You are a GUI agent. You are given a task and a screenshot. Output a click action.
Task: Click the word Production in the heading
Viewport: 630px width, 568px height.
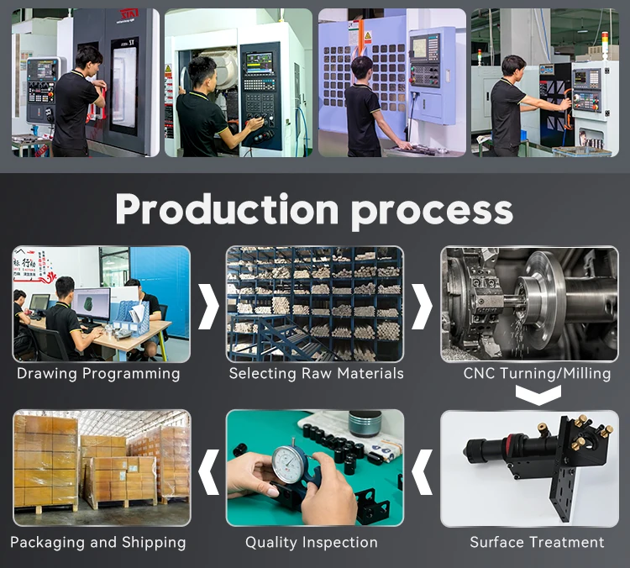(227, 209)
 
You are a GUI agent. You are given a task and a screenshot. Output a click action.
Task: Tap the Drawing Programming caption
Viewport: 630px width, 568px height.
(98, 374)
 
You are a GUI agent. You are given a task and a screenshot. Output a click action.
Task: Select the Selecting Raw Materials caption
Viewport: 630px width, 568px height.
(316, 373)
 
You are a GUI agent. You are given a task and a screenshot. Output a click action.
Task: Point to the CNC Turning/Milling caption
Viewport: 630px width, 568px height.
(538, 373)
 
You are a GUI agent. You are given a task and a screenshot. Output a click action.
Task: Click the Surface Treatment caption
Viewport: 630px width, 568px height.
(538, 542)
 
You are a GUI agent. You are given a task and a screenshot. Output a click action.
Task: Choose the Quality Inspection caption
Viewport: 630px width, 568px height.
(312, 543)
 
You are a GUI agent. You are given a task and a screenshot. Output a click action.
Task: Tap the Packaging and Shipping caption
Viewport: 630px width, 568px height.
(98, 543)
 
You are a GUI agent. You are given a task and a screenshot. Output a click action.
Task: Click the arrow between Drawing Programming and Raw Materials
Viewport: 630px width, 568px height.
(209, 307)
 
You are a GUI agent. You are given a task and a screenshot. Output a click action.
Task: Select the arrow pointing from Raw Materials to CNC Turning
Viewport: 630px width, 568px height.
(423, 307)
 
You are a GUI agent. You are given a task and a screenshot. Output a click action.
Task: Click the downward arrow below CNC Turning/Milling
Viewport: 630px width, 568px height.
(538, 395)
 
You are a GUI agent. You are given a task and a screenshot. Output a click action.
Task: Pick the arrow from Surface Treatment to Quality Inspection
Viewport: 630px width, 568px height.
(423, 472)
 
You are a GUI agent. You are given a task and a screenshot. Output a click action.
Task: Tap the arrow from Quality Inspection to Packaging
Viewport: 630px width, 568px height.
(209, 472)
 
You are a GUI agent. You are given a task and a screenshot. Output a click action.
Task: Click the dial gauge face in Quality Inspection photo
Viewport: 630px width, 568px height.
(290, 465)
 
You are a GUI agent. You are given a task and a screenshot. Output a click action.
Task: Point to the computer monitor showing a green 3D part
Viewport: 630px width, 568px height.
(92, 304)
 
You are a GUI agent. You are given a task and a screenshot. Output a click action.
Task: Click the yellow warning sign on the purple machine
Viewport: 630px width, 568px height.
(368, 37)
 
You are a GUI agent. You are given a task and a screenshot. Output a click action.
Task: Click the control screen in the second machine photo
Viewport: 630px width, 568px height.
(259, 64)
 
